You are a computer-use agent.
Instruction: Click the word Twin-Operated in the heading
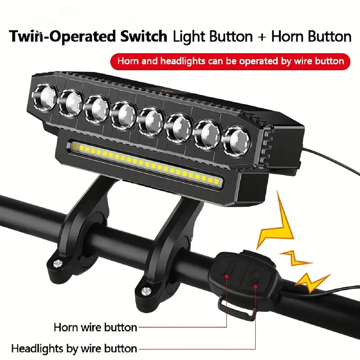[x=62, y=37]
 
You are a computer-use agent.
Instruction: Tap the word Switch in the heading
[x=144, y=36]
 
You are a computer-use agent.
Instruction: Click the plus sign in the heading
[x=262, y=37]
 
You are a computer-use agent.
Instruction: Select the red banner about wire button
[x=230, y=62]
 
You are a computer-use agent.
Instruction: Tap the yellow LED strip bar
[x=145, y=163]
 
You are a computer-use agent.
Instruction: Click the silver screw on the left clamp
[x=58, y=263]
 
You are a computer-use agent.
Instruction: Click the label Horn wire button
[x=95, y=327]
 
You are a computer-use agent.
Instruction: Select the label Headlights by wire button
[x=74, y=348]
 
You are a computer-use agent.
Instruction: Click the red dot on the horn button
[x=227, y=276]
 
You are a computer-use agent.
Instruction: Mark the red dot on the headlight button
[x=255, y=286]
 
